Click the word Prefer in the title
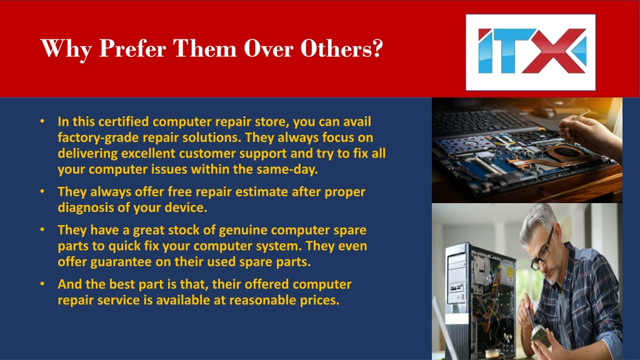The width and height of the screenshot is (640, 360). click(x=132, y=49)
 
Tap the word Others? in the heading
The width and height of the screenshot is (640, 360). click(x=342, y=48)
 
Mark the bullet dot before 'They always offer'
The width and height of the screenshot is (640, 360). click(x=42, y=191)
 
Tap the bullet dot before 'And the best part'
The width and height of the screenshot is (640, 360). click(x=42, y=283)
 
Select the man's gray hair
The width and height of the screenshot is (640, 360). click(x=538, y=221)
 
